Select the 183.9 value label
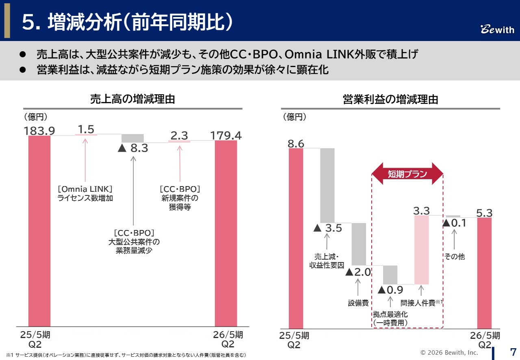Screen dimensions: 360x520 (39, 130)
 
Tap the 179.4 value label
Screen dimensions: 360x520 (225, 135)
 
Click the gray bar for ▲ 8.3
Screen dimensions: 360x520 (132, 138)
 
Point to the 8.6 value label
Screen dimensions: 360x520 (296, 143)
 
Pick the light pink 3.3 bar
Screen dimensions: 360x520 (421, 249)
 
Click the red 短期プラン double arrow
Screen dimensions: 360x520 (407, 174)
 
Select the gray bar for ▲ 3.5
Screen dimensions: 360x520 (327, 185)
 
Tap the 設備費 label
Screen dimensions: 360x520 (358, 303)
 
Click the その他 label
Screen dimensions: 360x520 (454, 257)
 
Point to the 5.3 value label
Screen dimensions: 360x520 (484, 213)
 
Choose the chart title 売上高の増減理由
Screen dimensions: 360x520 (132, 99)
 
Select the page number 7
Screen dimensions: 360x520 (513, 351)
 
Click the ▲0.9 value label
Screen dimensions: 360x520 (390, 290)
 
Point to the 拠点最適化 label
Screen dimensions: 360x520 (390, 314)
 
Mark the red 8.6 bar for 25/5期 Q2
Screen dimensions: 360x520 (296, 238)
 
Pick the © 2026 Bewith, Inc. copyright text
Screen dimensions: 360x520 (449, 352)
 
